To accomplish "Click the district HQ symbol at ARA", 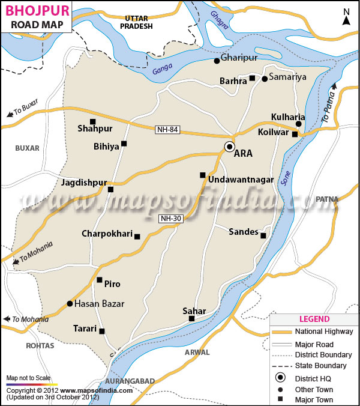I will point(229,147).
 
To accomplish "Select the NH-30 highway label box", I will point(170,219).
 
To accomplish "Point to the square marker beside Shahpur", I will point(92,121).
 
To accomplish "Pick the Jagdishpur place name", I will point(83,182).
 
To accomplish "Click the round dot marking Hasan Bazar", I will point(70,304).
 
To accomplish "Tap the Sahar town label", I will point(194,311).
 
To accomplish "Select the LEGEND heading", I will point(314,319).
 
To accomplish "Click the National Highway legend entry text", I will point(324,332).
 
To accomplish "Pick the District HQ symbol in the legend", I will point(281,378).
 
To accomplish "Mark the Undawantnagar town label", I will point(241,180).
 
